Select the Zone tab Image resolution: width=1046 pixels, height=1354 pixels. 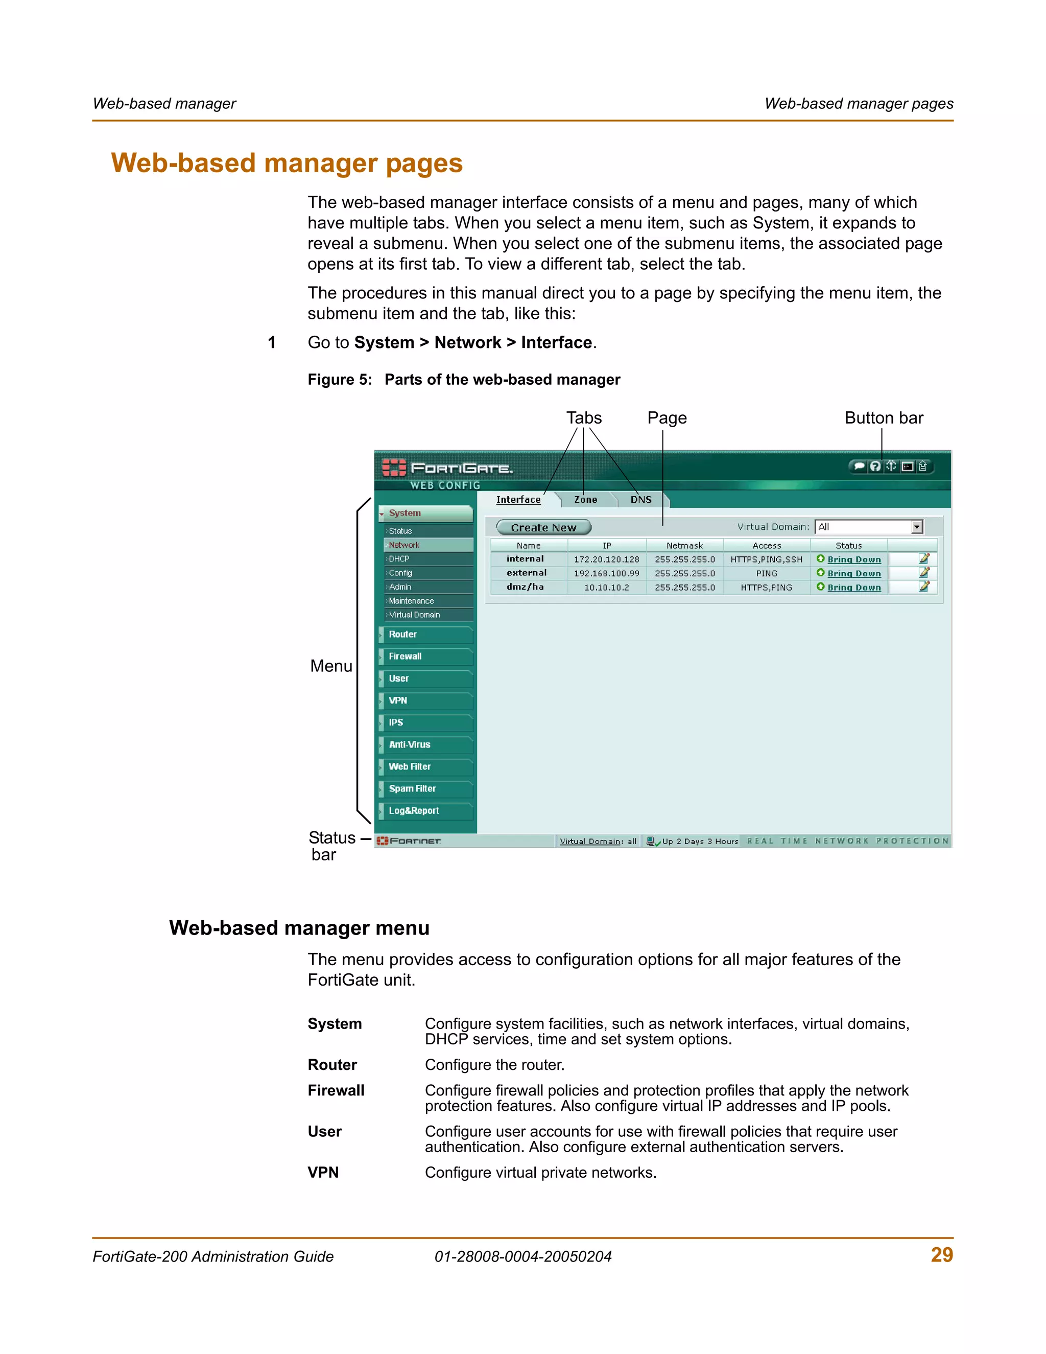[586, 500]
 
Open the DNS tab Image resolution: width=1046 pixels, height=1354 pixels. [641, 500]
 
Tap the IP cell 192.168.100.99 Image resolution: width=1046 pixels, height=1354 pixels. [606, 573]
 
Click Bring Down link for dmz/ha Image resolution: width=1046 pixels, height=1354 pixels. [854, 588]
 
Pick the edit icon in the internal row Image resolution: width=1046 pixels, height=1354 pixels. [924, 558]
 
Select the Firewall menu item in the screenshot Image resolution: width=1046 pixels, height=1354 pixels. [405, 657]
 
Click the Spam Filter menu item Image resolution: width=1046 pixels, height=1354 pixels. [412, 788]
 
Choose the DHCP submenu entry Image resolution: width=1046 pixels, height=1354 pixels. [399, 559]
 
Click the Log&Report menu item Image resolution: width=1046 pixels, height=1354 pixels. [413, 811]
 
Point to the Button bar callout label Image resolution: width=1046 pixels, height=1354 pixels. [884, 418]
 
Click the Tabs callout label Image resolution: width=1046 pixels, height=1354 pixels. [584, 418]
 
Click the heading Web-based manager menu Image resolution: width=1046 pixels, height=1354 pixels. [299, 928]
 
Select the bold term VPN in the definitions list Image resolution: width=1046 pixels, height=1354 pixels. [323, 1172]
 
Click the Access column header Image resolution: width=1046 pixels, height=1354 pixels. [767, 546]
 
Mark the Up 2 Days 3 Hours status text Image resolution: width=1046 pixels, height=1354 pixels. [700, 842]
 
